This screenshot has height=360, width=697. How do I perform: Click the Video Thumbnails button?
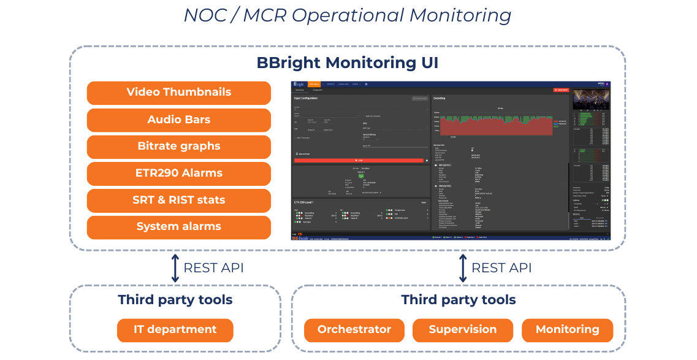(x=178, y=93)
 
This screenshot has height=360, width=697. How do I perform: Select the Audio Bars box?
(x=178, y=120)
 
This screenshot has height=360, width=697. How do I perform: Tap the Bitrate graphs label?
(x=178, y=147)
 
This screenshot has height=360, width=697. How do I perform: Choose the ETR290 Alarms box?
(x=178, y=174)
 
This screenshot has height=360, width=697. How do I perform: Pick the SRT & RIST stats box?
(x=178, y=200)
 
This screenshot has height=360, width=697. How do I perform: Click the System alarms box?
(x=178, y=227)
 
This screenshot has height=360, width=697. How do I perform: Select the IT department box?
(x=175, y=330)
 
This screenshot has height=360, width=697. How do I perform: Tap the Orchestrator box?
(x=354, y=330)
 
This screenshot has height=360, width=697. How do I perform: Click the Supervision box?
(x=462, y=330)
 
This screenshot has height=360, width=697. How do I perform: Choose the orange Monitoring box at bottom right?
(x=567, y=330)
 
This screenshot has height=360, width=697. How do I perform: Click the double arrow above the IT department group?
(x=175, y=268)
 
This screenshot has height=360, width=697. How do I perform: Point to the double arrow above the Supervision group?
(x=463, y=268)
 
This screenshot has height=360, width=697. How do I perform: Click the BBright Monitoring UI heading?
(x=347, y=63)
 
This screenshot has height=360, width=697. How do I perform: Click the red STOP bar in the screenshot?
(x=359, y=160)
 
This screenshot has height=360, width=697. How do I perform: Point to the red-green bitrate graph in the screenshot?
(x=500, y=123)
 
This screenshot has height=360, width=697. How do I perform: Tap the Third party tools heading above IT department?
(x=175, y=300)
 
